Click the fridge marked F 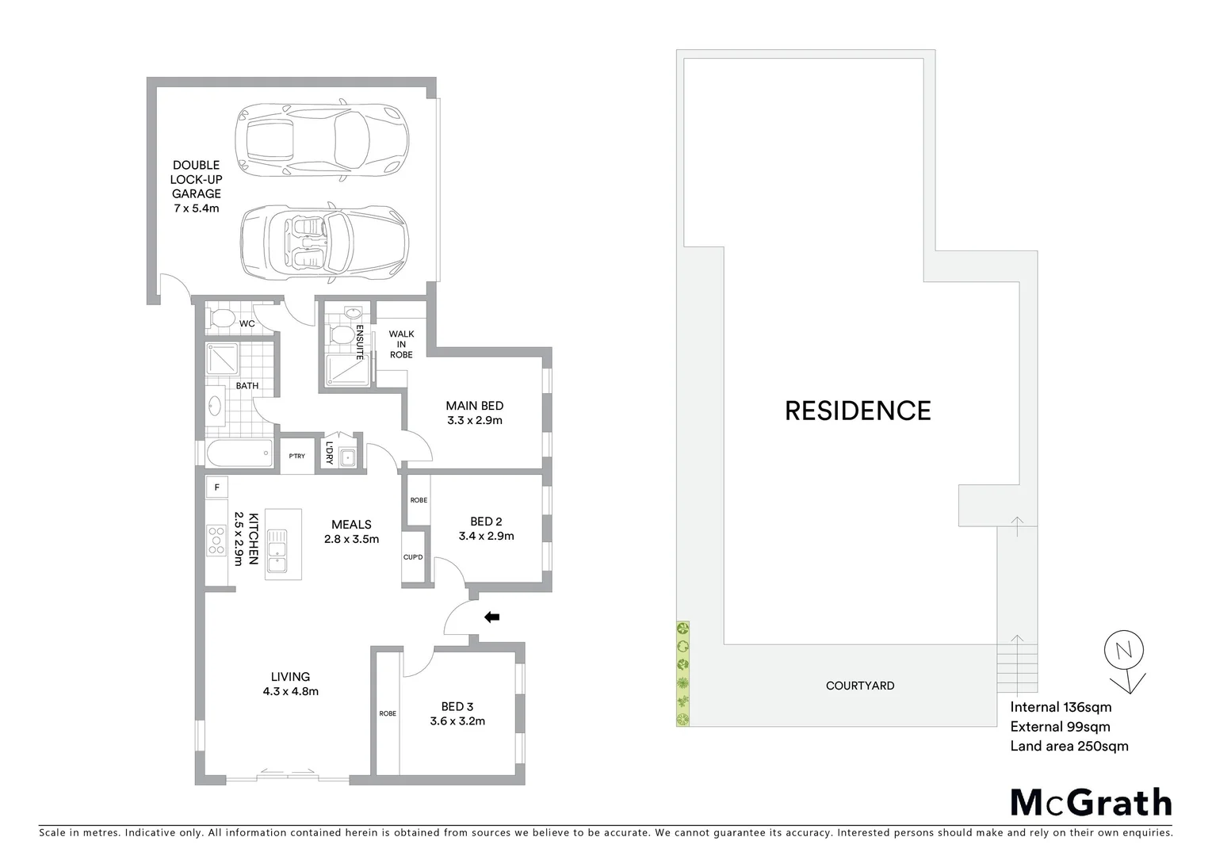pyautogui.click(x=216, y=487)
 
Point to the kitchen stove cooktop pyautogui.click(x=216, y=540)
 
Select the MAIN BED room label pyautogui.click(x=475, y=406)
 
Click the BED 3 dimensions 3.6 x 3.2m pyautogui.click(x=457, y=721)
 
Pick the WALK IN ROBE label pyautogui.click(x=401, y=344)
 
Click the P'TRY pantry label pyautogui.click(x=297, y=457)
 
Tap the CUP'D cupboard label pyautogui.click(x=413, y=557)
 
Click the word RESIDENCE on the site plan pyautogui.click(x=858, y=411)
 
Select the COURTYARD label pyautogui.click(x=860, y=686)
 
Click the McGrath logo pyautogui.click(x=1091, y=803)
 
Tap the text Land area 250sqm pyautogui.click(x=1069, y=746)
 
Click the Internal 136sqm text pyautogui.click(x=1061, y=707)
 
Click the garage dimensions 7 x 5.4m pyautogui.click(x=196, y=208)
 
